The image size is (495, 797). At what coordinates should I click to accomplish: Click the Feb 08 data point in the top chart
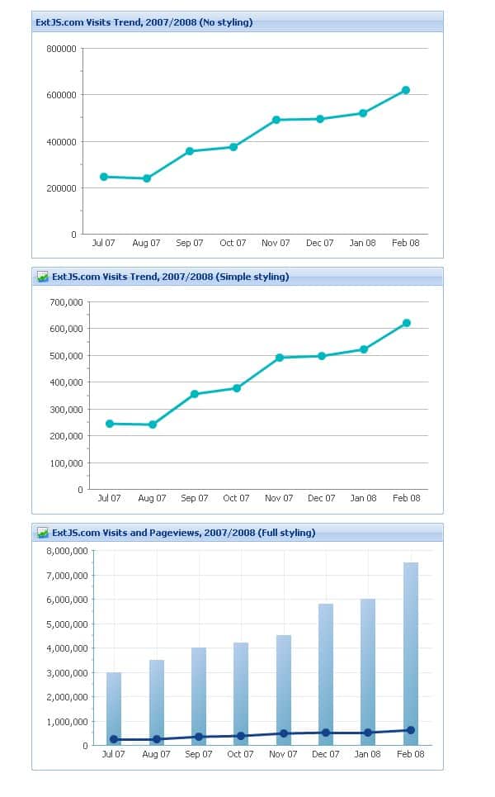coord(406,90)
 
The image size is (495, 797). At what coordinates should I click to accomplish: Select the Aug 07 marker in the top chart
coord(147,178)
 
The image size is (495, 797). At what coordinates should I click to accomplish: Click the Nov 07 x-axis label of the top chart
coord(276,243)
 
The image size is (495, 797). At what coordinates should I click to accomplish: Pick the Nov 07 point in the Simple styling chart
coord(280,358)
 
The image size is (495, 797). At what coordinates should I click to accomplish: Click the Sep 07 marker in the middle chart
coord(195,394)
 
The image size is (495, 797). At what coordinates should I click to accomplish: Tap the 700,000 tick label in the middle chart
coord(66,302)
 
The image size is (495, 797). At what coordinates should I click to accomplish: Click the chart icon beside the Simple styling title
coord(43,277)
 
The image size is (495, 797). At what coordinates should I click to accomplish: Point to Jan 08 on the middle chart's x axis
coord(363,498)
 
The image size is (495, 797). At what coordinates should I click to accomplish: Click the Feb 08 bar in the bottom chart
coord(410,652)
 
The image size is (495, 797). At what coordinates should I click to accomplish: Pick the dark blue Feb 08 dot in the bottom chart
coord(410,730)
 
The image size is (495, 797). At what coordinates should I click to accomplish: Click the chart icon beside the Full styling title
coord(43,533)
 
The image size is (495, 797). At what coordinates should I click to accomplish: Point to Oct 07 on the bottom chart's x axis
coord(240,754)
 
